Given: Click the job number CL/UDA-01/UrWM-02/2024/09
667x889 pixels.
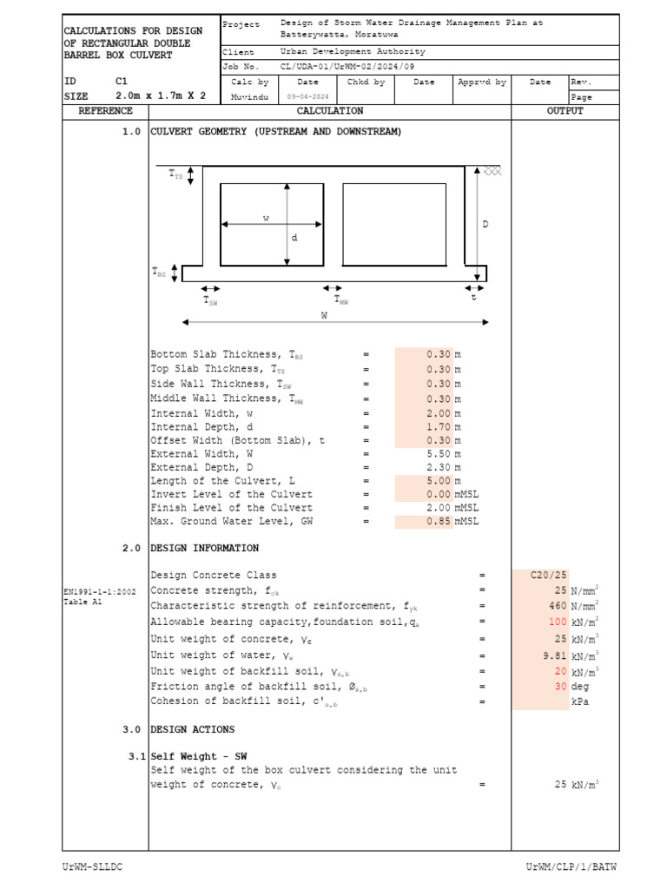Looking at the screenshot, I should tap(347, 66).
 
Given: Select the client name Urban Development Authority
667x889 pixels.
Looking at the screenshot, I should tap(353, 52).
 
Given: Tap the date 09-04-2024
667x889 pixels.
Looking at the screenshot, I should tap(307, 97).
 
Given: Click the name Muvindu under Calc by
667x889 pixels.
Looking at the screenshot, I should tap(250, 97).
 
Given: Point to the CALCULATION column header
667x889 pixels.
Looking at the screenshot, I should tap(330, 111).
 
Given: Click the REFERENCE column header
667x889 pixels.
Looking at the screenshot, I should tap(105, 111).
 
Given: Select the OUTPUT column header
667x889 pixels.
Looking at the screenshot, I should tap(565, 111).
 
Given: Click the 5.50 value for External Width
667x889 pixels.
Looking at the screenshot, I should tap(439, 453).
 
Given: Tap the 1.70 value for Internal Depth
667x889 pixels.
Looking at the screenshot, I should tap(439, 427).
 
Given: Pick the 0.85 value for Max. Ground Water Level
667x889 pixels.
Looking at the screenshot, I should tap(439, 522).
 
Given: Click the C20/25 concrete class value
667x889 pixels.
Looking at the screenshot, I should tap(549, 575).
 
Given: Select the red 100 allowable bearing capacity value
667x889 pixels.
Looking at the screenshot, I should tap(557, 622).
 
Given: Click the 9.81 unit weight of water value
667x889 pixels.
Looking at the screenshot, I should tap(554, 655).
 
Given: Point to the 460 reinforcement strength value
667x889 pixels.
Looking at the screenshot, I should tap(557, 606).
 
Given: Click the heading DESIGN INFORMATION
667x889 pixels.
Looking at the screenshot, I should tap(205, 549).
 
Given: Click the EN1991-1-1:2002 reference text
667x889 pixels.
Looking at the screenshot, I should tap(99, 591).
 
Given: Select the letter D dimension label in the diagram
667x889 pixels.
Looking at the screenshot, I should tap(485, 224).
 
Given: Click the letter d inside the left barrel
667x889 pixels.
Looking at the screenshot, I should tap(294, 238).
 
